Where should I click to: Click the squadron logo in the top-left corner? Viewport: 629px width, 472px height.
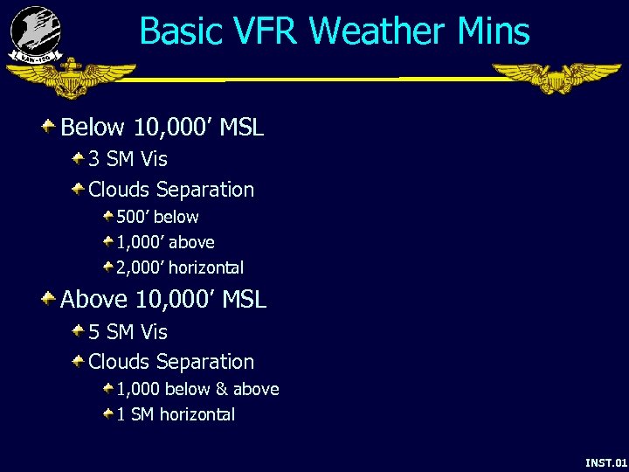(35, 33)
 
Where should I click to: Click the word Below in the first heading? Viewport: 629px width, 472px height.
(93, 128)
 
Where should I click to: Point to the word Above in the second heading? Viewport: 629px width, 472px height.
(93, 300)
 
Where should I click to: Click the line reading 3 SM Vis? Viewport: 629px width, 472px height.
(128, 159)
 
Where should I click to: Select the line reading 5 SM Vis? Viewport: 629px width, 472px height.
(128, 332)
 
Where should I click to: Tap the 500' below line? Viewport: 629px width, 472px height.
(157, 217)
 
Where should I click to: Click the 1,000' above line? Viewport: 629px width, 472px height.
(165, 242)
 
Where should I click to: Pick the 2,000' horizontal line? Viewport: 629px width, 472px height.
(180, 267)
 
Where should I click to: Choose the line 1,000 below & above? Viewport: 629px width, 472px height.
(197, 389)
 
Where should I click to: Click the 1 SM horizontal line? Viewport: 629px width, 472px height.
(176, 414)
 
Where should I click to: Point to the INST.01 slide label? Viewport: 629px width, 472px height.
(605, 461)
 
